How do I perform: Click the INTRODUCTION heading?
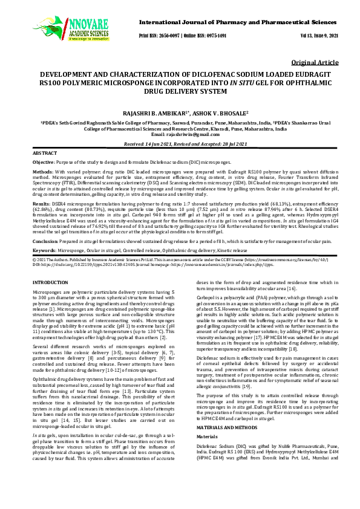pos(50,282)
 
